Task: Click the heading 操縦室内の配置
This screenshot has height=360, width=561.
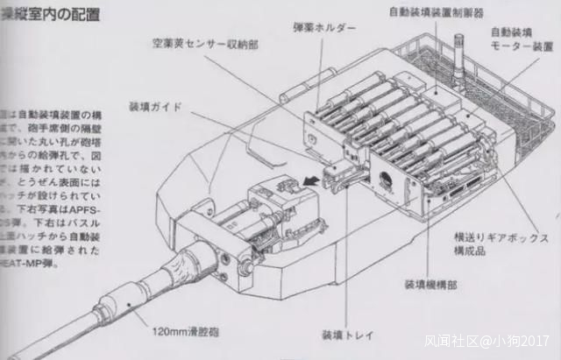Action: pyautogui.click(x=49, y=15)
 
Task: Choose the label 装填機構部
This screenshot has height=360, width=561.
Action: pyautogui.click(x=426, y=284)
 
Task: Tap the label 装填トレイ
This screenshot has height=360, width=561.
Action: pyautogui.click(x=341, y=335)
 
